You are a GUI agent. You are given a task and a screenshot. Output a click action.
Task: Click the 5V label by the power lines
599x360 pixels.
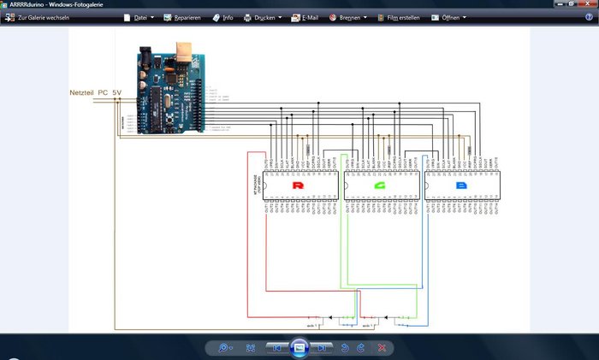pyautogui.click(x=117, y=91)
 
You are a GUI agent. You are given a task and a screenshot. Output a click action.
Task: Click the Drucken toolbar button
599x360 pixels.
pyautogui.click(x=263, y=17)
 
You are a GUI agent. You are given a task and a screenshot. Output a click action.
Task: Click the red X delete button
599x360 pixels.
pyautogui.click(x=382, y=348)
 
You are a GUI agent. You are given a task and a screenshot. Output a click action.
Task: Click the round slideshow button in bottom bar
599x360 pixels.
pyautogui.click(x=299, y=347)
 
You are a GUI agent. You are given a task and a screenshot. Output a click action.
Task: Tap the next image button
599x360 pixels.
pyautogui.click(x=322, y=348)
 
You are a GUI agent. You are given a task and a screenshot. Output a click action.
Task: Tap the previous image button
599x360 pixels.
pyautogui.click(x=276, y=348)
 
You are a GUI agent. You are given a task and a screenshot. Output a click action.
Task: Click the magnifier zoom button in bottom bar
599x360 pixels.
pyautogui.click(x=224, y=348)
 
